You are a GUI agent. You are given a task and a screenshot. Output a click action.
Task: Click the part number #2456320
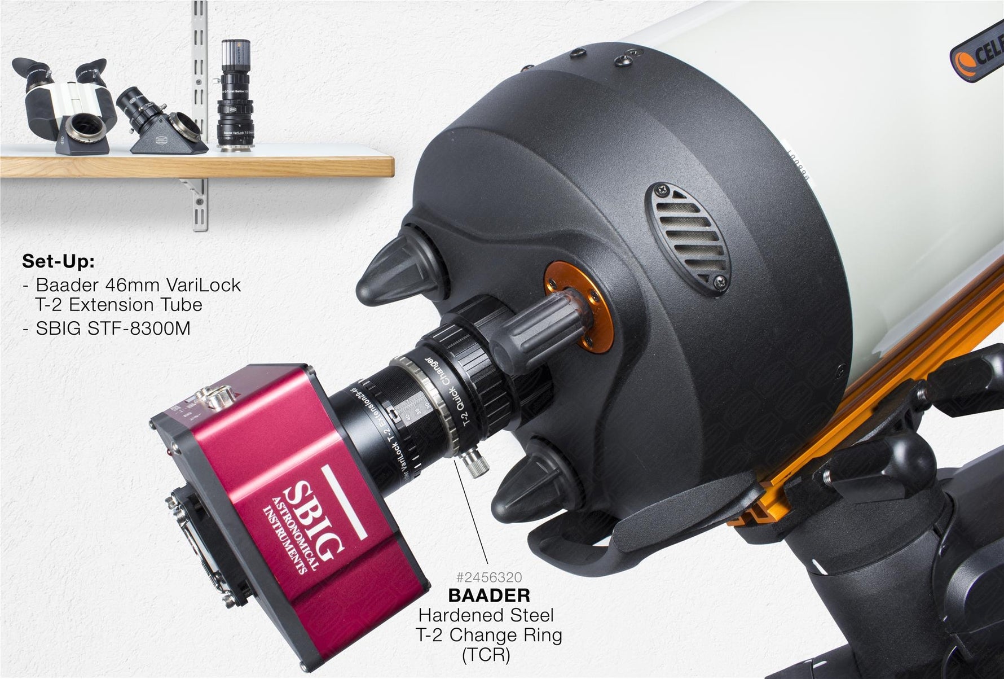489,577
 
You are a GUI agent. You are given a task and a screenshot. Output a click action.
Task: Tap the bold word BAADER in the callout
489,595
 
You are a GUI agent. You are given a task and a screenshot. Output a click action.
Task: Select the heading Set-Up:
58,261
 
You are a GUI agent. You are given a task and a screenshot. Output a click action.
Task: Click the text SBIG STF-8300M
113,328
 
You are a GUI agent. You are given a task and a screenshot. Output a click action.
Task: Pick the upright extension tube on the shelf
235,96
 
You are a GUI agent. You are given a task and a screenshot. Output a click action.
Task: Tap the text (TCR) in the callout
486,655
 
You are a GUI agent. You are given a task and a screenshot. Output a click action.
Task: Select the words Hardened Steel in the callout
486,615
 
